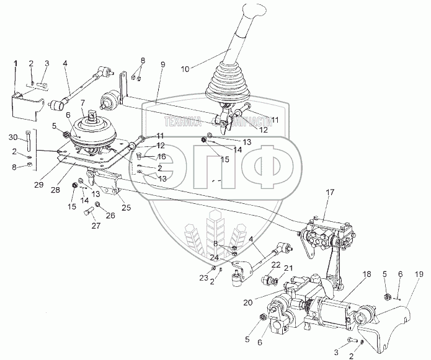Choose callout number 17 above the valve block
click(x=329, y=193)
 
